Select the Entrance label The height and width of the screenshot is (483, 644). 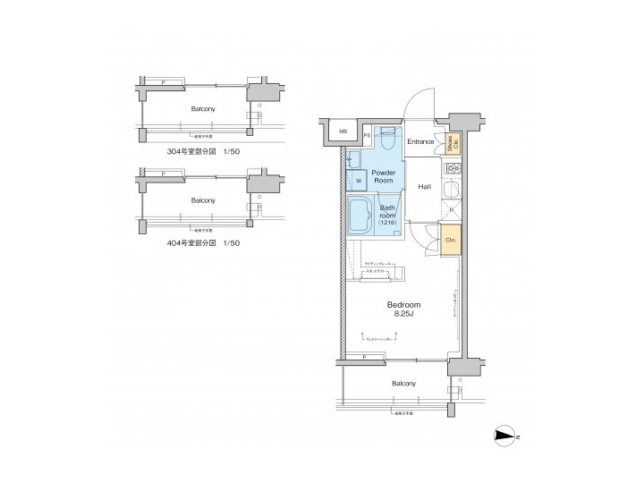[420, 142]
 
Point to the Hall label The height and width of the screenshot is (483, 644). [425, 186]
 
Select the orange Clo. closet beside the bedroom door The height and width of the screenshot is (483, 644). [450, 240]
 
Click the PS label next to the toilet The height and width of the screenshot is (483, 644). [368, 135]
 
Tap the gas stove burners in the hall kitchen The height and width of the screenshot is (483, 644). [451, 169]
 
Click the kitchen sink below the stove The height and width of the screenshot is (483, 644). [451, 189]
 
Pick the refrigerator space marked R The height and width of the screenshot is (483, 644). [451, 211]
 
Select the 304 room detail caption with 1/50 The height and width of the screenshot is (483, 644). [203, 151]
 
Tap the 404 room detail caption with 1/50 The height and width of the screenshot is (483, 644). [203, 242]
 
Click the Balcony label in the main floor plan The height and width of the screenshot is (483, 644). [402, 384]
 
